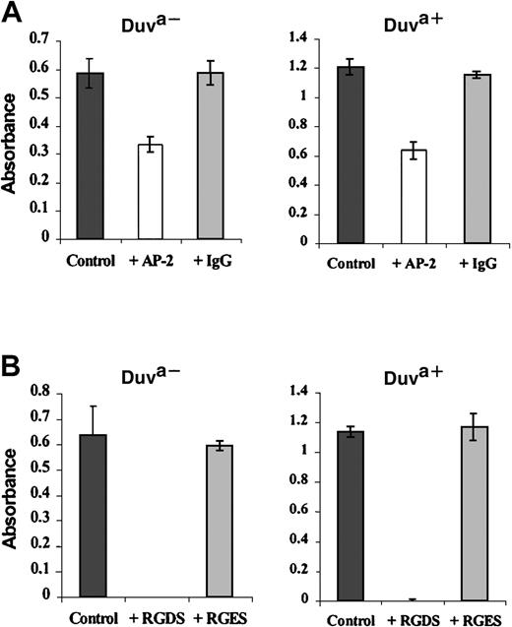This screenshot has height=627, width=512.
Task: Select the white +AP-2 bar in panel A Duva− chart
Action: pos(150,191)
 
